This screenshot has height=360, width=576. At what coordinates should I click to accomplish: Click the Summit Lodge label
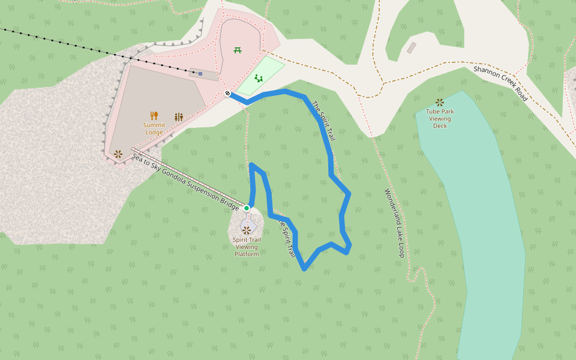(x=154, y=128)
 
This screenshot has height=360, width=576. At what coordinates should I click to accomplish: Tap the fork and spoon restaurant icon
(x=154, y=116)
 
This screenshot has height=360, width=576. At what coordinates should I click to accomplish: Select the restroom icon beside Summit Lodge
(x=179, y=117)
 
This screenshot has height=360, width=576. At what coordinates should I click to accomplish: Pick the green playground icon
(x=259, y=79)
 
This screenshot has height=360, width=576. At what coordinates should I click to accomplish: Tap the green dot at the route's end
(x=247, y=208)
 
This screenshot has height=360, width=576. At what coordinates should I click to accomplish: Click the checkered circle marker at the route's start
(x=228, y=93)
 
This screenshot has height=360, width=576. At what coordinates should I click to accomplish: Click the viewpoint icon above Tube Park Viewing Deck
(x=440, y=103)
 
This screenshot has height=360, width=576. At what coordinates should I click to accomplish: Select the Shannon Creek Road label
(x=500, y=83)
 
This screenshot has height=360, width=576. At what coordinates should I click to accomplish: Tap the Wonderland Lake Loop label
(x=394, y=223)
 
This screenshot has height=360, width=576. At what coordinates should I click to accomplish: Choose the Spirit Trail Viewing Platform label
(x=247, y=247)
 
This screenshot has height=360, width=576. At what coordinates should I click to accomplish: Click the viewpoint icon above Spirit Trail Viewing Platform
(x=247, y=229)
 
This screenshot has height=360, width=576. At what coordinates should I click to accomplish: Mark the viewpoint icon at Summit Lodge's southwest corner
(x=118, y=154)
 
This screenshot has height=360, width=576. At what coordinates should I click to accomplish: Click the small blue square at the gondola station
(x=200, y=74)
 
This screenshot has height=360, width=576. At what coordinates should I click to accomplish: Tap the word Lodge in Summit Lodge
(x=154, y=132)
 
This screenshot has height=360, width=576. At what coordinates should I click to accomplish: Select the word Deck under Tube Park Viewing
(x=440, y=125)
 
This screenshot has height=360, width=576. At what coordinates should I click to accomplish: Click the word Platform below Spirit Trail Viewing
(x=247, y=254)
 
